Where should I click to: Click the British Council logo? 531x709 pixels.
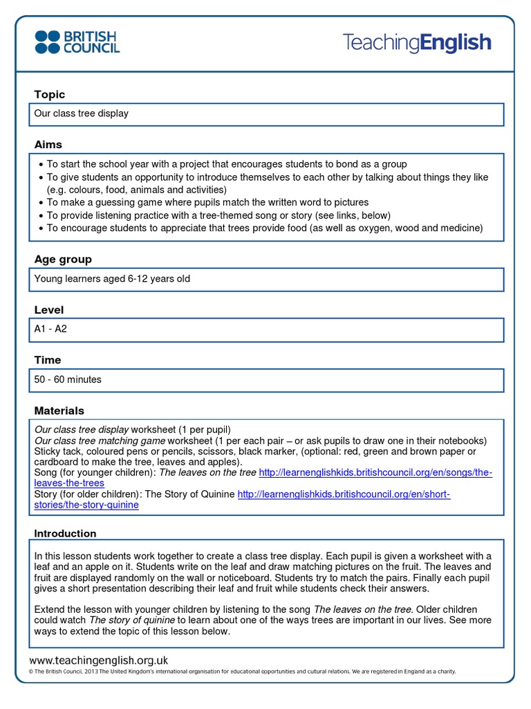point(77,42)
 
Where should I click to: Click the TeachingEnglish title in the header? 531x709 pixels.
point(417,43)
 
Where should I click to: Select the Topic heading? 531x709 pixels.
point(50,94)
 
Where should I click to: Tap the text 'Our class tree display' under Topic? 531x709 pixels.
point(82,113)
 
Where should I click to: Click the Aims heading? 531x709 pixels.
point(48,144)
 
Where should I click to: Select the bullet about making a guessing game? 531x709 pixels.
point(207,202)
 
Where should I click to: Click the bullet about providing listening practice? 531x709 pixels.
point(218,215)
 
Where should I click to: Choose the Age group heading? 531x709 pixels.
point(63,259)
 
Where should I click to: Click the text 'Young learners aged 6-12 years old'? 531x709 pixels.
point(112,279)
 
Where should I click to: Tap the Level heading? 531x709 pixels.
point(48,309)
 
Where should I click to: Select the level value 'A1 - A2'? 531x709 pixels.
point(50,329)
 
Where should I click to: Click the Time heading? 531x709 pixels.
point(48,359)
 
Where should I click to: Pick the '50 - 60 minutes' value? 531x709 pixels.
point(68,379)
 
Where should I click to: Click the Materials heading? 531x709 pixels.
point(59,410)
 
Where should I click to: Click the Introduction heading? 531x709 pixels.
point(66,533)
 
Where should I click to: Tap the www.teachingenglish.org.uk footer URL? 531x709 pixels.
point(99,660)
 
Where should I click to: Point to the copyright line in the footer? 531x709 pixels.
point(242,672)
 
